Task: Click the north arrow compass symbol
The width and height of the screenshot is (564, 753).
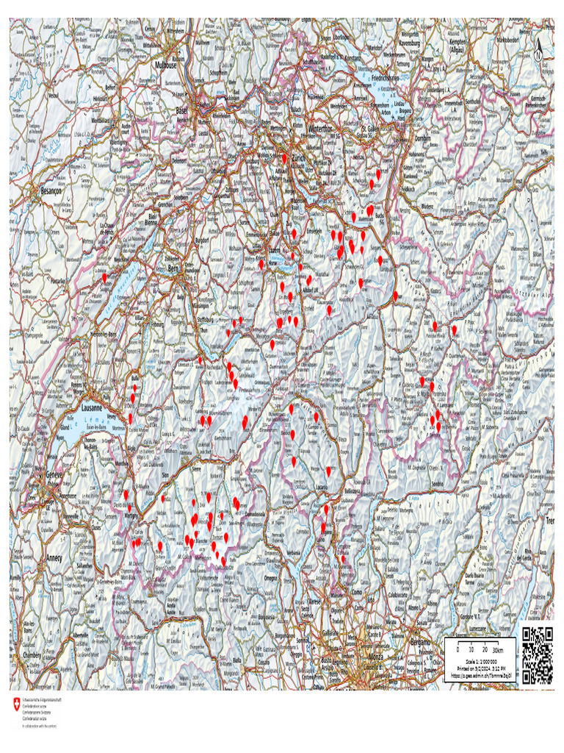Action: (538, 51)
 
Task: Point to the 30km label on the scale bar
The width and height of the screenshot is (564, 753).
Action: (499, 651)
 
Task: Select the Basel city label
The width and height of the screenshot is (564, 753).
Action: (181, 110)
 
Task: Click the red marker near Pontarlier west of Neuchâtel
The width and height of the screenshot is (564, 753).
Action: (105, 277)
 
